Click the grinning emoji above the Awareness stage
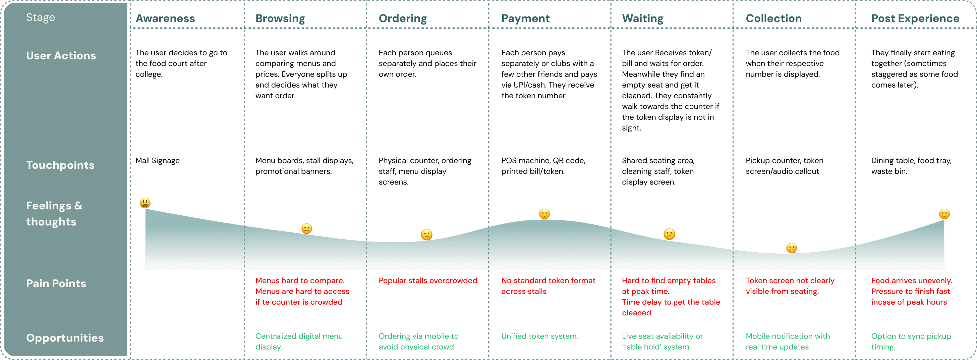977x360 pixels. (x=145, y=203)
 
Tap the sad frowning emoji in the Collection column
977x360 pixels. (x=791, y=248)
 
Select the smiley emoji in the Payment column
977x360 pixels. (x=544, y=214)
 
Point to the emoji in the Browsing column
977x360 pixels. (x=306, y=229)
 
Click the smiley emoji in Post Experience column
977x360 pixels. (x=944, y=214)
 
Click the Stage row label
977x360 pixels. (x=41, y=17)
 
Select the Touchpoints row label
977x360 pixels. (x=60, y=165)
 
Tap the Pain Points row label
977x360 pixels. (x=56, y=284)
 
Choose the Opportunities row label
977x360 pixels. (x=65, y=338)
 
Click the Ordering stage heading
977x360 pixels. (x=402, y=18)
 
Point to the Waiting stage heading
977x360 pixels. (x=642, y=18)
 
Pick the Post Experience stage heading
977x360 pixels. (x=915, y=18)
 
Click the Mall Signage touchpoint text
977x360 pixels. (x=157, y=160)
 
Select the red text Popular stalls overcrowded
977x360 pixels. (x=427, y=281)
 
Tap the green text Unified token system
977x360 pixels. (x=539, y=336)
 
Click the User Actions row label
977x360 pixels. (x=61, y=55)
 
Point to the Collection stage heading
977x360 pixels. (x=773, y=18)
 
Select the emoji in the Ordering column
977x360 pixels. (x=426, y=235)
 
